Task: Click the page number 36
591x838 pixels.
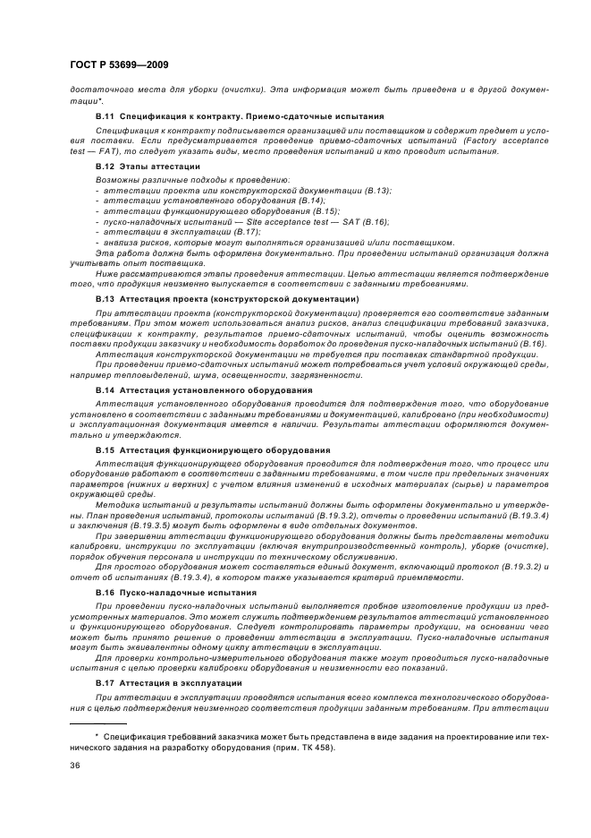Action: (75, 765)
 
